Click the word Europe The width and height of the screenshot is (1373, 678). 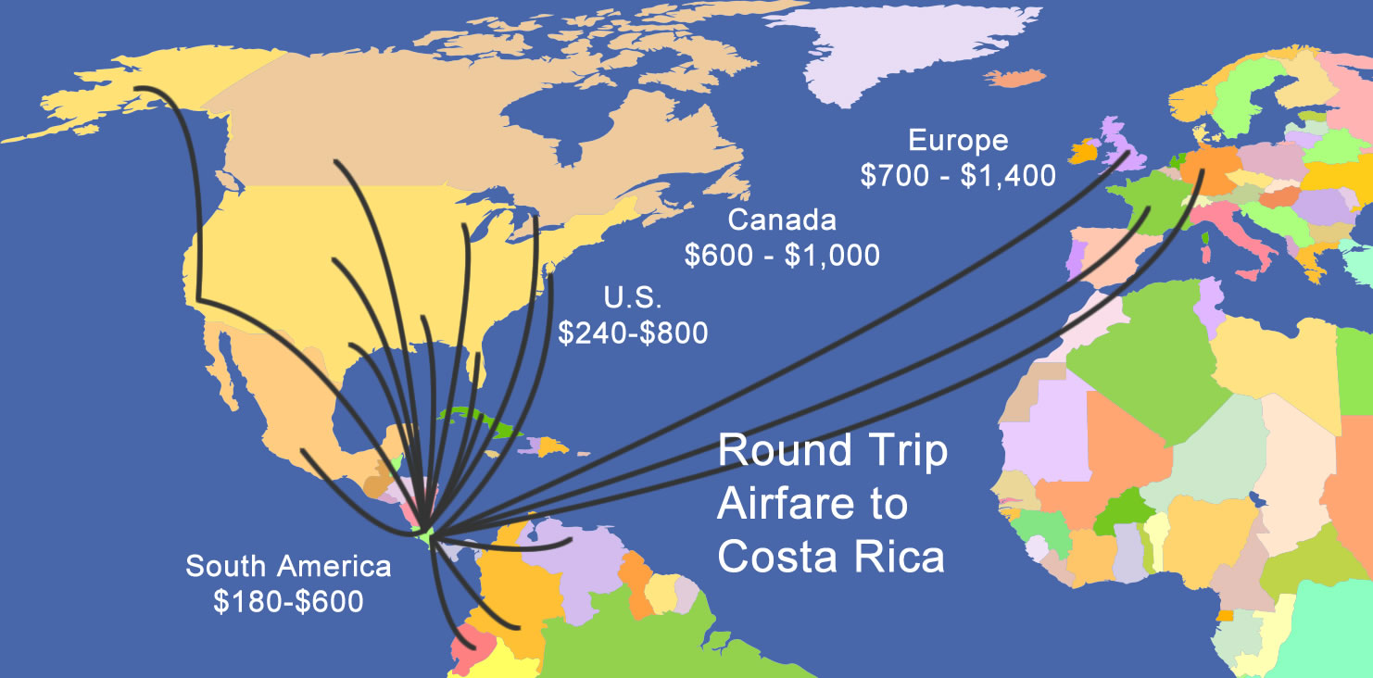pyautogui.click(x=958, y=142)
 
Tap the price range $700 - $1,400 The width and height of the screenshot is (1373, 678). pyautogui.click(x=958, y=174)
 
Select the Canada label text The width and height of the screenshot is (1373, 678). pyautogui.click(x=782, y=220)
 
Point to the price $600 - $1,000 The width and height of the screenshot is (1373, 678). pyautogui.click(x=782, y=255)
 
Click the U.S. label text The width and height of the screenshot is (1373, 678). pyautogui.click(x=633, y=298)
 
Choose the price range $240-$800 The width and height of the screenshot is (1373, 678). pyautogui.click(x=633, y=332)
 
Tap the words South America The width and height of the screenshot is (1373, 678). pyautogui.click(x=288, y=567)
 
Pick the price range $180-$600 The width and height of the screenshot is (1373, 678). pyautogui.click(x=288, y=601)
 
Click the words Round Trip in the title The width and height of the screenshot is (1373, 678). pyautogui.click(x=833, y=451)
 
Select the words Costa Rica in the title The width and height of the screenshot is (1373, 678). pyautogui.click(x=831, y=558)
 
